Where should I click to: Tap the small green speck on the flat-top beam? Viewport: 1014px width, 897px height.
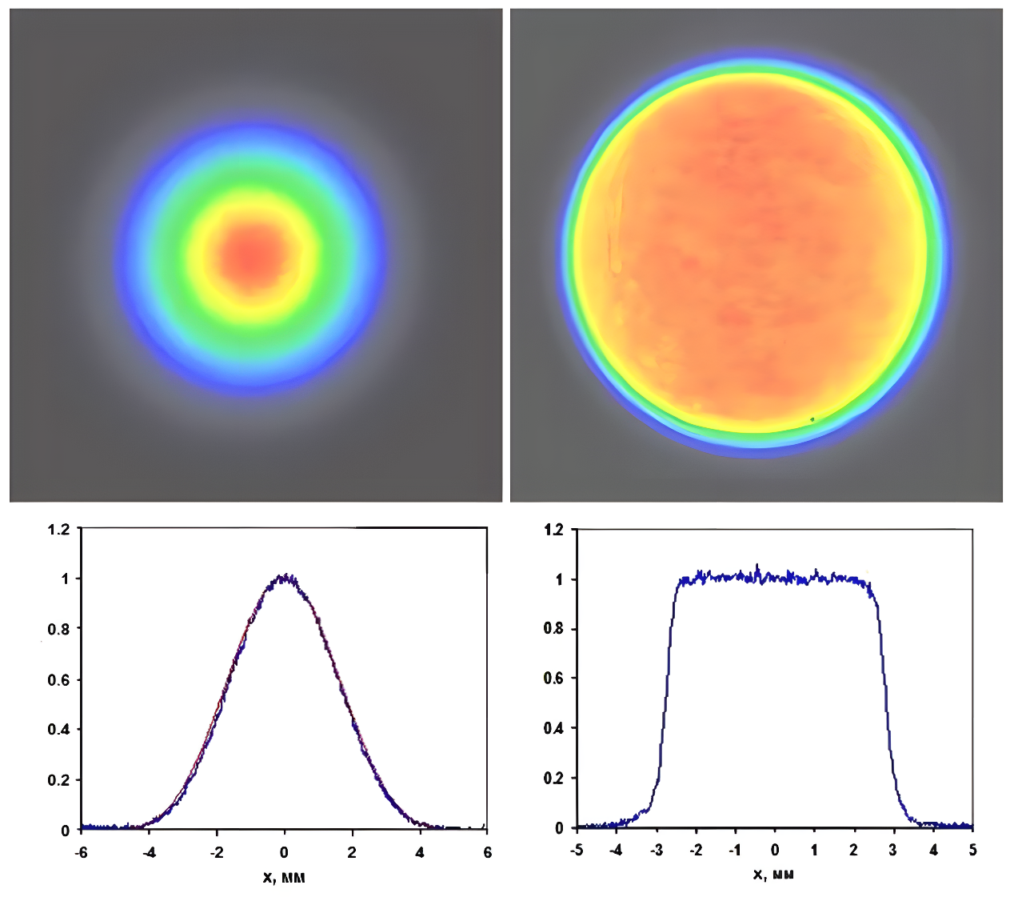point(812,418)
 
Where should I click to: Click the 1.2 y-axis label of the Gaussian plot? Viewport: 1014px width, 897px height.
point(59,529)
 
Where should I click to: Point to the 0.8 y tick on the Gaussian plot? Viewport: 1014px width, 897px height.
point(59,629)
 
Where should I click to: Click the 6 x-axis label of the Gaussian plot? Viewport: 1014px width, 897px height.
point(487,852)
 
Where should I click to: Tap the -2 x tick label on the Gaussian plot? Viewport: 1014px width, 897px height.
point(216,852)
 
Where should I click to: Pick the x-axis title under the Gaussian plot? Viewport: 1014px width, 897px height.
point(284,878)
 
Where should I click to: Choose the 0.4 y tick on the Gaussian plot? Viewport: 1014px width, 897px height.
point(59,730)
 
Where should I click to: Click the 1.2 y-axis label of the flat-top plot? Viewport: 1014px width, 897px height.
point(553,530)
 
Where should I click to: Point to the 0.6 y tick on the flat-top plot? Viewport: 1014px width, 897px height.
point(553,679)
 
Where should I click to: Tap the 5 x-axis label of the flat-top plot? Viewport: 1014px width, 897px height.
point(972,850)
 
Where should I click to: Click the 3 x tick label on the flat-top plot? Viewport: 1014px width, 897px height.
point(893,850)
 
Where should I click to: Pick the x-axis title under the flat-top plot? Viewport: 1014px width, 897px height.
point(773,875)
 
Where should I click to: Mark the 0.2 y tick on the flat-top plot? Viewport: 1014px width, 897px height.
point(553,779)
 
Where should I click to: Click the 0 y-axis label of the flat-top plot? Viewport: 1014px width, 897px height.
point(560,828)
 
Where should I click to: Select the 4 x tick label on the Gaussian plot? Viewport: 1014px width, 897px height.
point(420,852)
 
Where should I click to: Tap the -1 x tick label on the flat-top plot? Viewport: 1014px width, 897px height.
point(734,850)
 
